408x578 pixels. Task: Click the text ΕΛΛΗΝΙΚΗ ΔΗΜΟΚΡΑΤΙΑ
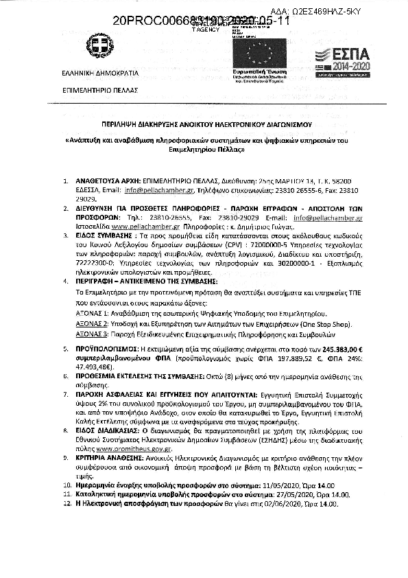100,73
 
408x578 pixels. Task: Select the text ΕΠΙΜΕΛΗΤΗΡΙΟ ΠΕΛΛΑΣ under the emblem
100,90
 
